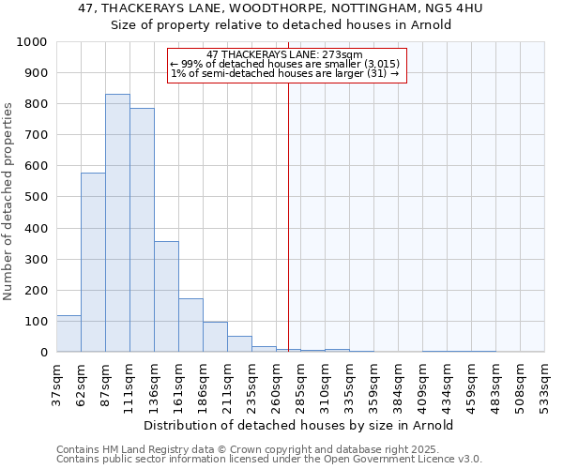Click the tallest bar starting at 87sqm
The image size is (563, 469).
(x=117, y=223)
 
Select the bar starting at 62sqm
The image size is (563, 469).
(x=93, y=263)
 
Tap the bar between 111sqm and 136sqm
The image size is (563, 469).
(x=142, y=230)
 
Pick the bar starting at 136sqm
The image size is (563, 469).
(x=166, y=296)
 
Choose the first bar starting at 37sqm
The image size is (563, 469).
(x=68, y=334)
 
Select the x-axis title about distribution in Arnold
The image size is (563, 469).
(x=300, y=425)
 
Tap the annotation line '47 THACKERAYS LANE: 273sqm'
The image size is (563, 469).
(x=284, y=55)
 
